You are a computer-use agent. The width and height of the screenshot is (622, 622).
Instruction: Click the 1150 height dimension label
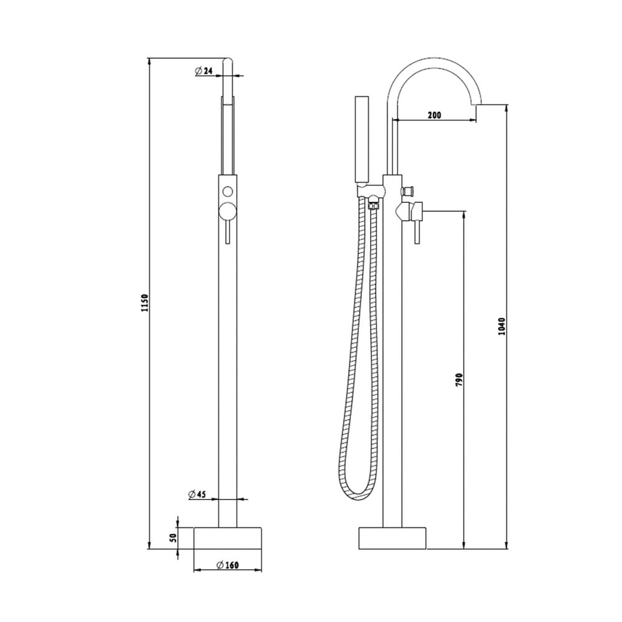click(145, 303)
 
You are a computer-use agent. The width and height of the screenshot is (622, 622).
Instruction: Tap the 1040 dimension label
click(501, 327)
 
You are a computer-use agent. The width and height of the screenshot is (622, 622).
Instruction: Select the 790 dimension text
click(459, 379)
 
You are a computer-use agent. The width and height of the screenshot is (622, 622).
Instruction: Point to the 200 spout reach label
click(434, 116)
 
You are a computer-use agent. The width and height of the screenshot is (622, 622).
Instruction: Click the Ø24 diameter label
click(204, 71)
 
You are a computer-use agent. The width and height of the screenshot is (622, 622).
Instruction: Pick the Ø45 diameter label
click(197, 494)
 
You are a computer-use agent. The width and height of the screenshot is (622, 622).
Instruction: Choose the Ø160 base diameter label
click(228, 565)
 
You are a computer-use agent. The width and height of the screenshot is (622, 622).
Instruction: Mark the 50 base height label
click(172, 538)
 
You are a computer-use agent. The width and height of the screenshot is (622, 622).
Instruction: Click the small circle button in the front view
click(228, 192)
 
